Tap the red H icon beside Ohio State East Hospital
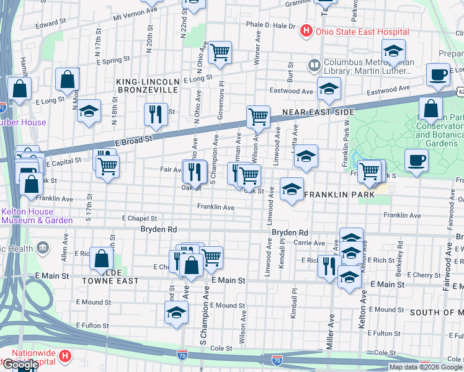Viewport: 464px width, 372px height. click(306, 30)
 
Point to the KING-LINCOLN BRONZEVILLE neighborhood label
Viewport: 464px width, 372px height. click(148, 86)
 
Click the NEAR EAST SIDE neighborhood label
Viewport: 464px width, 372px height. click(318, 112)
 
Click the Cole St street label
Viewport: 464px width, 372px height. click(221, 348)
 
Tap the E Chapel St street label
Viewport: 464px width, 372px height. click(140, 218)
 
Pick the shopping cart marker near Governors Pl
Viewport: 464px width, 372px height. click(220, 53)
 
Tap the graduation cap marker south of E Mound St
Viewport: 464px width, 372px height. click(176, 313)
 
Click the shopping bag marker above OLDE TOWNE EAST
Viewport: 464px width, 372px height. click(101, 258)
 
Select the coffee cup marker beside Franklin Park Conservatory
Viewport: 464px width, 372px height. click(416, 160)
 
